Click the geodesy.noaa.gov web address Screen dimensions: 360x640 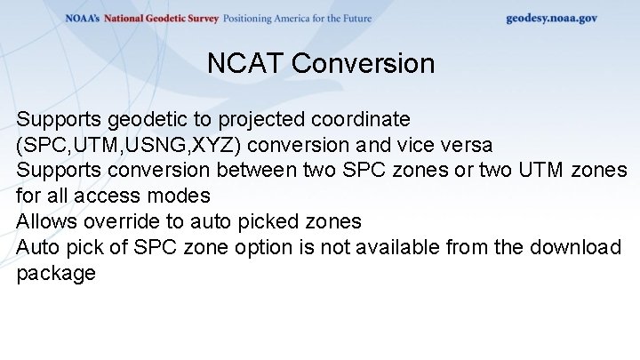point(551,18)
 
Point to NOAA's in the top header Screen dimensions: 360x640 point(83,19)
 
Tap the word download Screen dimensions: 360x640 point(572,247)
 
